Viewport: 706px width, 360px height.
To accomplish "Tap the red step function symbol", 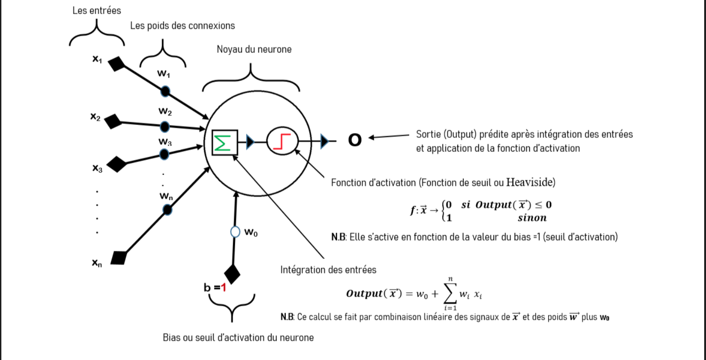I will click(282, 142).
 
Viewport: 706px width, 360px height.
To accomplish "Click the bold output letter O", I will click(355, 140).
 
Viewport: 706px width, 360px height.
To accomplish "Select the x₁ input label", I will click(97, 59).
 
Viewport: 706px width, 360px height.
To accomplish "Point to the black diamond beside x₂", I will click(113, 122).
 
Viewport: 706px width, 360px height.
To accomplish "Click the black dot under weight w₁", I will click(165, 91).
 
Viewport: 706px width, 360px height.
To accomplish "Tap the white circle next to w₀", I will click(235, 232).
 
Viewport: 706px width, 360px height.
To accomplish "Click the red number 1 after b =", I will click(223, 287).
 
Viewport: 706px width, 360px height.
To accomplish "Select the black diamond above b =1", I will click(232, 274).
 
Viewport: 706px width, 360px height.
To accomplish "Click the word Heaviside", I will click(530, 182).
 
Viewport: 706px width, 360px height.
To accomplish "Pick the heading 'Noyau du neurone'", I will click(254, 49).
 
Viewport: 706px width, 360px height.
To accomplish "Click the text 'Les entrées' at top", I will click(97, 10).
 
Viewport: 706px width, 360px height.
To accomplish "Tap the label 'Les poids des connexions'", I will click(182, 26).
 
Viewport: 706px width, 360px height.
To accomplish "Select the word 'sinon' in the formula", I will click(532, 218).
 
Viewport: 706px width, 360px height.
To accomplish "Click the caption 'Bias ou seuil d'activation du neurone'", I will click(238, 338).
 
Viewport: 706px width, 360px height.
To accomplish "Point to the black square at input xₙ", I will click(118, 257).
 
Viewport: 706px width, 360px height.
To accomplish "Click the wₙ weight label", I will click(166, 197).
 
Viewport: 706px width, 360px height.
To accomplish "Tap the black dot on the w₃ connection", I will click(164, 154).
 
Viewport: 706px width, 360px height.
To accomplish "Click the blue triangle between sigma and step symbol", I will click(250, 142).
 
